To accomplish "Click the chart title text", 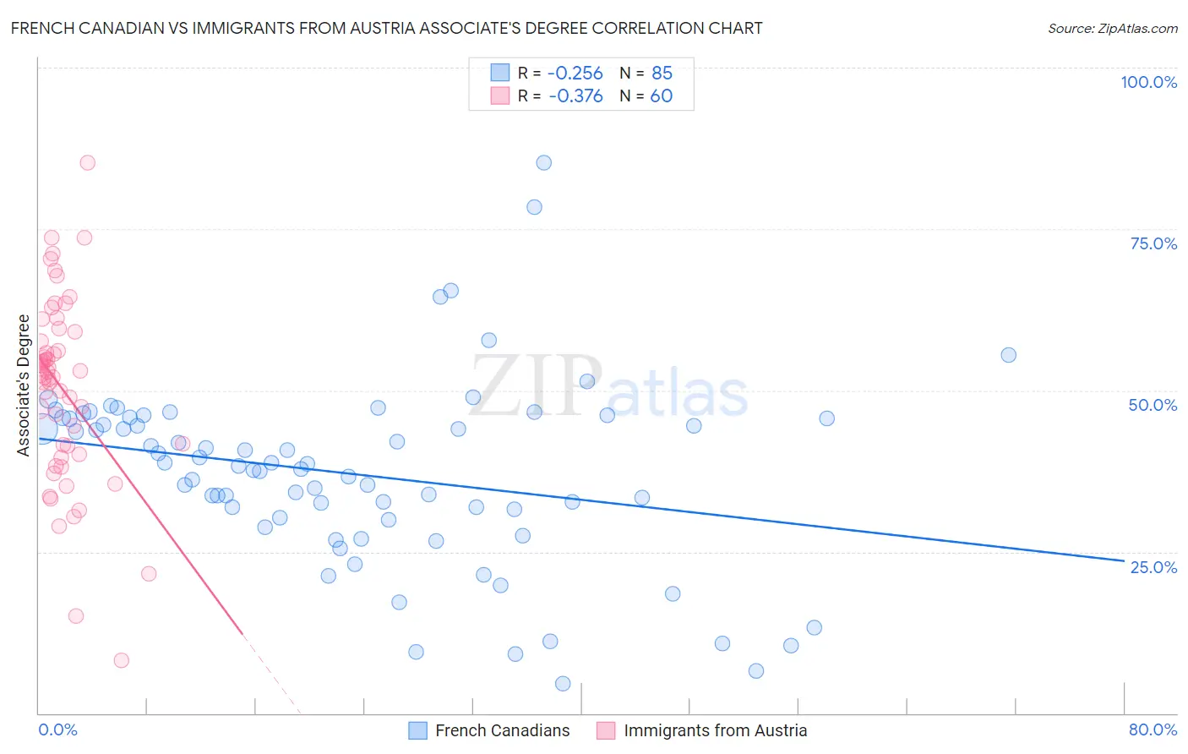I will click(386, 28).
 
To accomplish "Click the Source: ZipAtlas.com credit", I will click(1112, 28).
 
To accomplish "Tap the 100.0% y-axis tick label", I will click(1148, 82).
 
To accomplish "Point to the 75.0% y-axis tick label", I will click(1153, 243).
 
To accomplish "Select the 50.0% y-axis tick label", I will click(1153, 405).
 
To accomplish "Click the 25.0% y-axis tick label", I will click(1153, 567).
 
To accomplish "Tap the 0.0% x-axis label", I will click(57, 729).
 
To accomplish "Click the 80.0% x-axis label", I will click(1153, 729).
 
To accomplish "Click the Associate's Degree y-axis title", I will click(24, 385).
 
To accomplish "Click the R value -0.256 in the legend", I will click(575, 73).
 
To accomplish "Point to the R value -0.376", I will click(575, 96).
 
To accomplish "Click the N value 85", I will click(662, 73).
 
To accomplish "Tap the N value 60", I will click(662, 96).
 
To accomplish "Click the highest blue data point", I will click(544, 163).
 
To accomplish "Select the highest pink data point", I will click(87, 163).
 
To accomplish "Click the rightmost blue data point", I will click(1008, 355).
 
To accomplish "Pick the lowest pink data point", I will click(122, 660).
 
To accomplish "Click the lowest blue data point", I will click(563, 684).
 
